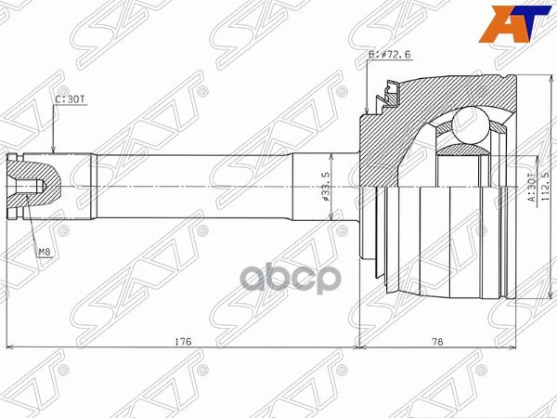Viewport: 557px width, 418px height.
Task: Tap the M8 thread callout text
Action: pos(44,251)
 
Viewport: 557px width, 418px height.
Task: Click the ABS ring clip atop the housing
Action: pos(389,90)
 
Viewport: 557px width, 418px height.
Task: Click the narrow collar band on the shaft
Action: pos(93,186)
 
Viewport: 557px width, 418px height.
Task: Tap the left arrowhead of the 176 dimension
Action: pos(9,348)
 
